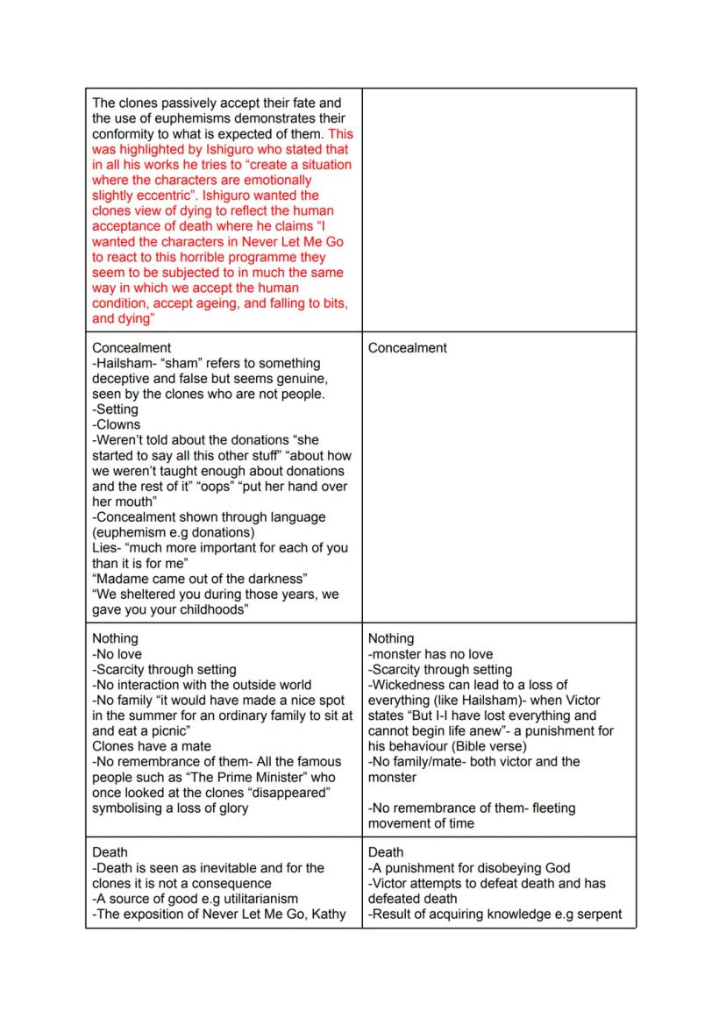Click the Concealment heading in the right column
(x=407, y=348)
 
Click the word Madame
(x=124, y=579)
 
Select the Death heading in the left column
(x=110, y=852)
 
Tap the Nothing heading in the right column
(x=391, y=639)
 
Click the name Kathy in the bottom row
(x=329, y=915)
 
